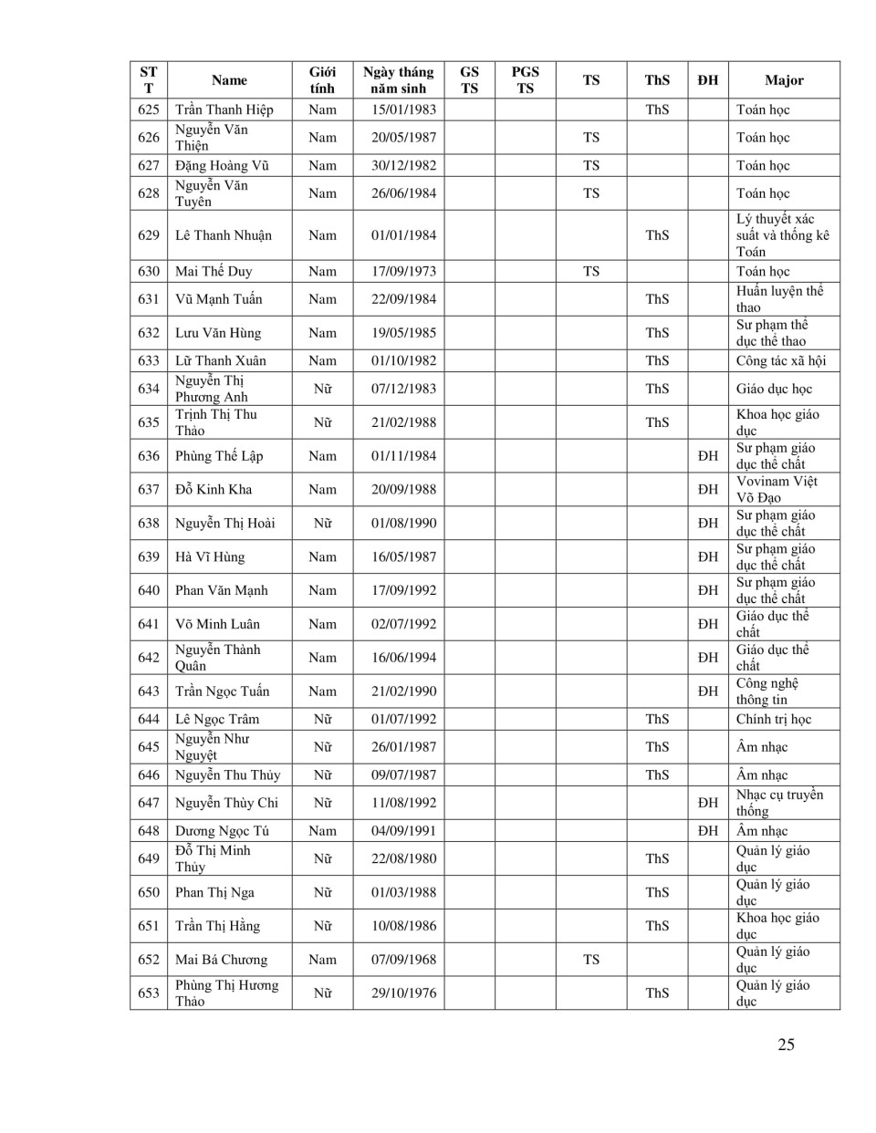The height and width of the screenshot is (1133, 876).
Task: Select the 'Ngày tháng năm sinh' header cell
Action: tap(398, 80)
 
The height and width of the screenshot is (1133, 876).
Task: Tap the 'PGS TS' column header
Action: tap(525, 80)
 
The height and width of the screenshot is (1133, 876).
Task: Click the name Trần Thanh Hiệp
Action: tap(224, 109)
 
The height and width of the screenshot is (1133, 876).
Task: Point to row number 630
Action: tap(149, 271)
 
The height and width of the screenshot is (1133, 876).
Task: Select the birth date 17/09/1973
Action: tap(403, 271)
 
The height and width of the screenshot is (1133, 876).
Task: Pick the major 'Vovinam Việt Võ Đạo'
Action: tap(777, 489)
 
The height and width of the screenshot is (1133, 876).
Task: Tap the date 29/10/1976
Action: tap(403, 993)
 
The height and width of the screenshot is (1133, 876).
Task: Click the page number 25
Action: tap(786, 1045)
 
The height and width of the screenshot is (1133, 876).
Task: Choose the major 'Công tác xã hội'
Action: tap(780, 360)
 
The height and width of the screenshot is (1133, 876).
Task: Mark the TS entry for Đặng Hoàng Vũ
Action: tap(591, 165)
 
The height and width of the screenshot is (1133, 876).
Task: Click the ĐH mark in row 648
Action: tap(708, 831)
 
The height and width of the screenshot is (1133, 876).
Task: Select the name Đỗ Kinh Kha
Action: tap(214, 489)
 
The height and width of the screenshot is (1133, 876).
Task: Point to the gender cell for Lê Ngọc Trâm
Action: tap(322, 719)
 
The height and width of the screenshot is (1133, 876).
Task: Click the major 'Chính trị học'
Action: tap(774, 719)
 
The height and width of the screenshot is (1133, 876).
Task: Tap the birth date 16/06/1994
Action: tap(403, 657)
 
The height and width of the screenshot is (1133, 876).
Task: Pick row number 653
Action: tap(149, 993)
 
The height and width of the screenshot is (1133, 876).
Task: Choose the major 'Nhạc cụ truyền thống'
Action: tap(779, 803)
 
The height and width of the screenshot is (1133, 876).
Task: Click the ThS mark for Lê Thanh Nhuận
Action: tap(657, 235)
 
